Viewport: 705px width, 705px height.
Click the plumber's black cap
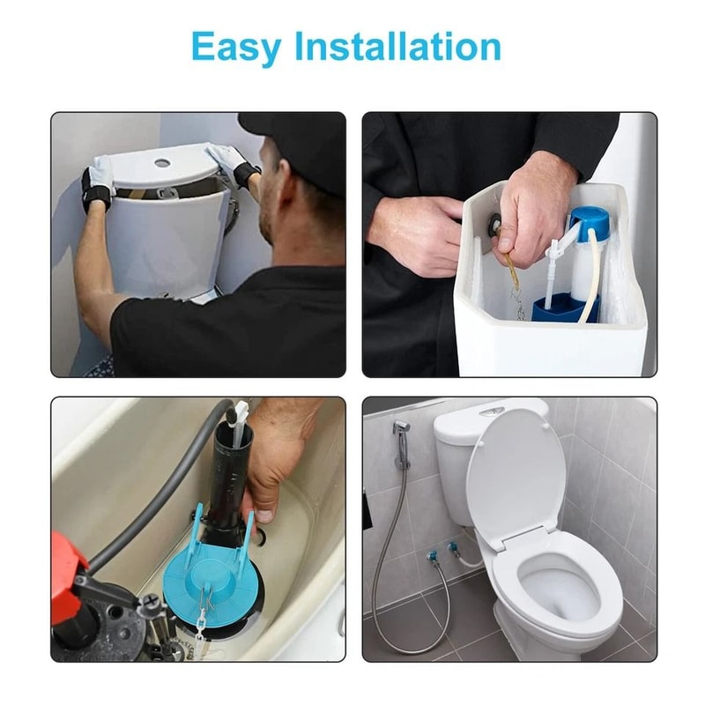pos(300,141)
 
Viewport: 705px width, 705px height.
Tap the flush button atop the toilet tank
pos(492,410)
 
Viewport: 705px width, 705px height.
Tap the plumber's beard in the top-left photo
pos(267,220)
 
